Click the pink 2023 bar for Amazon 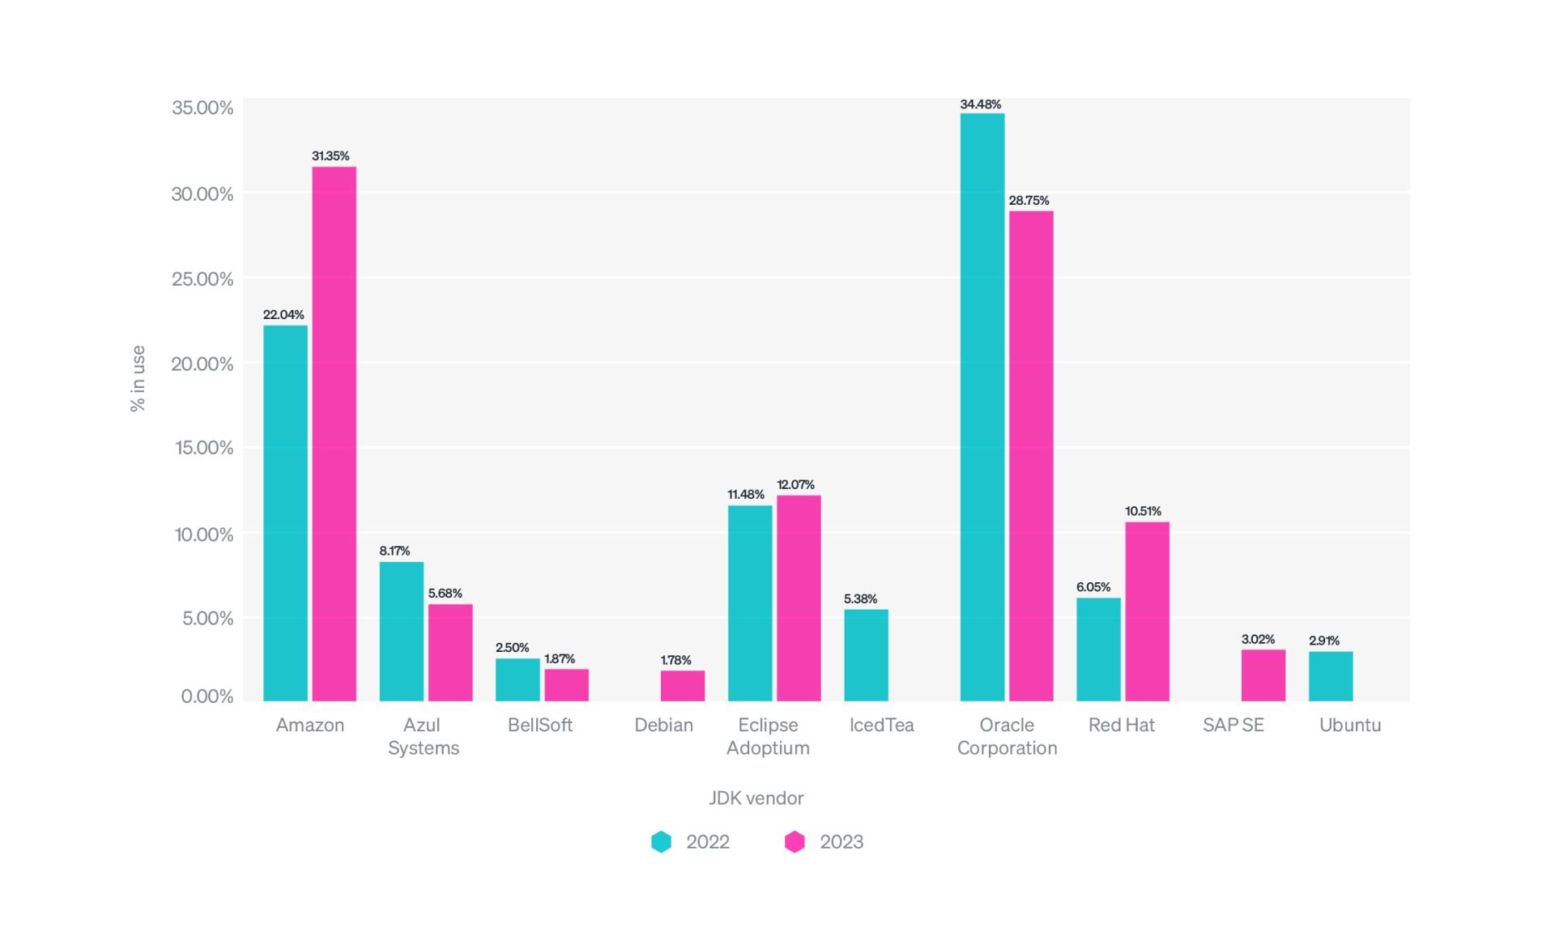tap(334, 433)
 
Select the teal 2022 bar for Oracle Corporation tap(982, 407)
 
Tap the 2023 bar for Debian tap(682, 685)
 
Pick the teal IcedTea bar tap(866, 654)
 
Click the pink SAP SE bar tap(1263, 675)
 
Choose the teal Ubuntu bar tap(1330, 675)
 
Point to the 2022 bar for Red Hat tap(1097, 649)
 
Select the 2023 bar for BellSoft tap(566, 684)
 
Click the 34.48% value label tap(980, 104)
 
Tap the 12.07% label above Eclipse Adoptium tap(795, 484)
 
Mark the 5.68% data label tap(445, 594)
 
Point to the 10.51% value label tap(1143, 511)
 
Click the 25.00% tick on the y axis tap(202, 279)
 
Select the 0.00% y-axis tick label tap(207, 696)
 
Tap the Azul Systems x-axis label tap(423, 736)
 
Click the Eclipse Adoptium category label tap(768, 736)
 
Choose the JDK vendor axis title tap(756, 798)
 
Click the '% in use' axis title tap(138, 378)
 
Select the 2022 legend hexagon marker tap(661, 842)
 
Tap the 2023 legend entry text tap(841, 842)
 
